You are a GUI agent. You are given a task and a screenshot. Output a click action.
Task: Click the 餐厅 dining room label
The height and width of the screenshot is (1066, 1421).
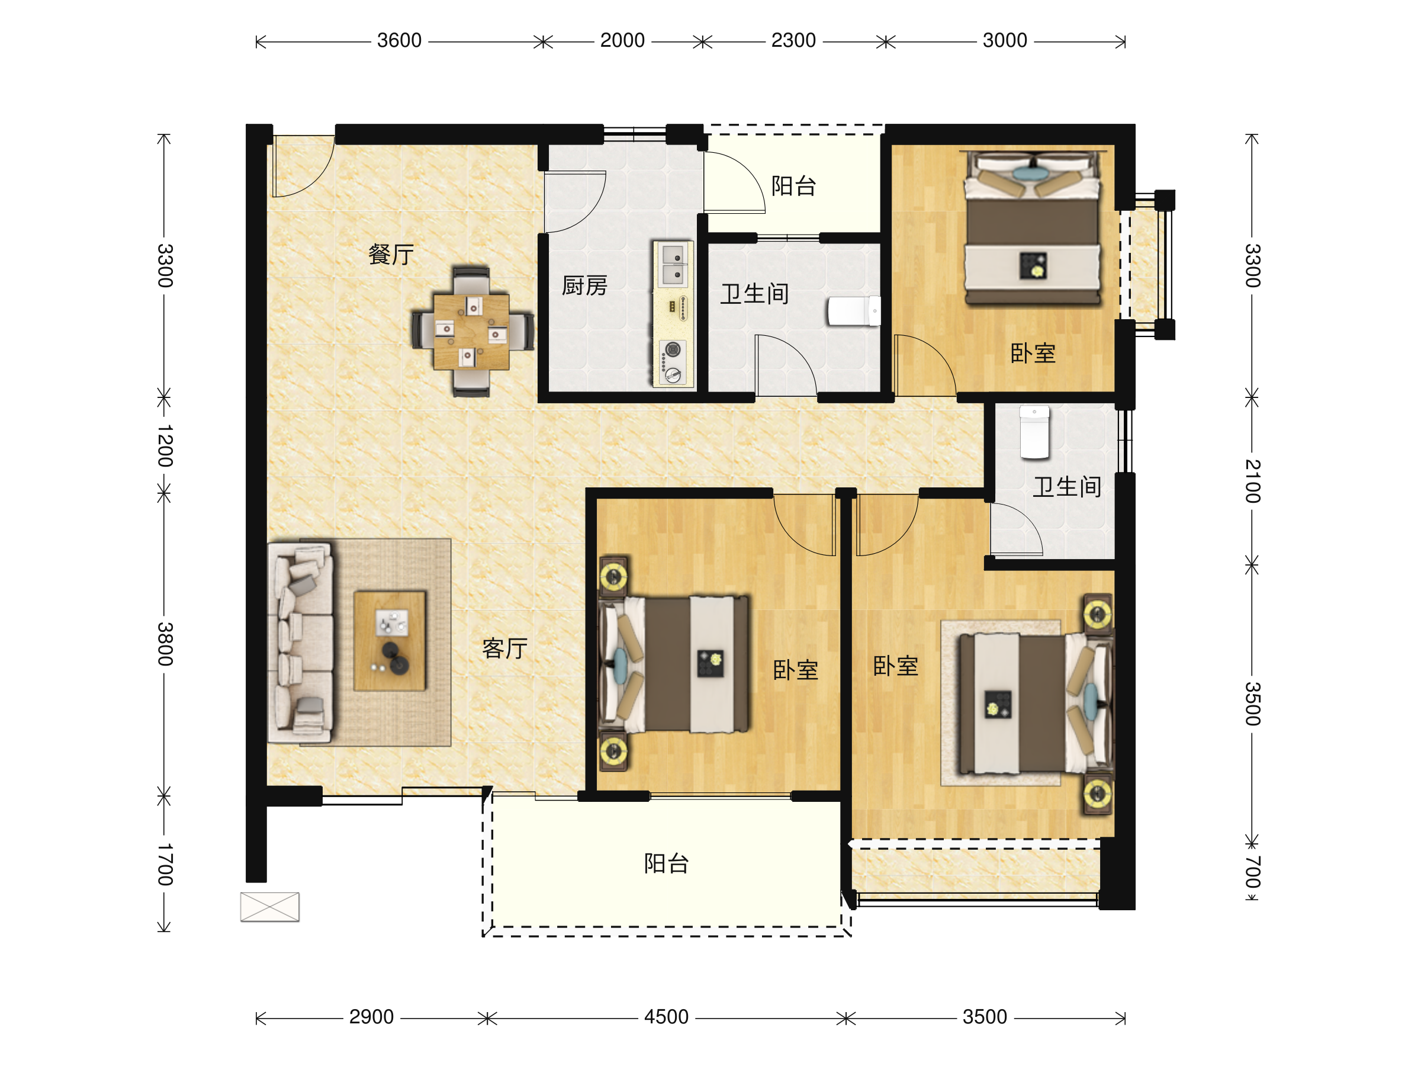[x=391, y=255]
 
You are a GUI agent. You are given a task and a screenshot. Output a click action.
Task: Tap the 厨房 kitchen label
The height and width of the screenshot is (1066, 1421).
[x=584, y=285]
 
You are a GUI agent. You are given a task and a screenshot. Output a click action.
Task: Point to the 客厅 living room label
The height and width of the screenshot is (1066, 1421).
[x=504, y=648]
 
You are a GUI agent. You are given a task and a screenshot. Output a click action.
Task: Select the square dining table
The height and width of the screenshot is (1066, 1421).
[x=471, y=332]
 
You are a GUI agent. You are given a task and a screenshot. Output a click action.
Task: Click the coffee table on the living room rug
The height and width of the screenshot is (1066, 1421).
[x=390, y=641]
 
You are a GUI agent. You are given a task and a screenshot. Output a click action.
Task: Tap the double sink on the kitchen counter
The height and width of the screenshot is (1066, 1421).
[x=673, y=264]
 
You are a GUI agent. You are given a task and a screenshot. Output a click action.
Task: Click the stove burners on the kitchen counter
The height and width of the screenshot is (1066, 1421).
[x=673, y=362]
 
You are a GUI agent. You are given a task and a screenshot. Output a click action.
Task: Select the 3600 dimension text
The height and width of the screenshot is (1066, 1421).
[x=399, y=40]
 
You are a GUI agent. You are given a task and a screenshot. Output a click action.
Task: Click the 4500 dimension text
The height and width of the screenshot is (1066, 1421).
[x=666, y=1017]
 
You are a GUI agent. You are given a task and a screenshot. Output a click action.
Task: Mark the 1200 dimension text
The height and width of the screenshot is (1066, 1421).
[x=165, y=445]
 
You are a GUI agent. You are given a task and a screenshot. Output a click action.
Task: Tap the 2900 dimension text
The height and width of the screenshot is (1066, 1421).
[x=371, y=1017]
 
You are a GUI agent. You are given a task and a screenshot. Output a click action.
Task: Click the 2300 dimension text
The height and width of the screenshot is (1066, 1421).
[x=793, y=40]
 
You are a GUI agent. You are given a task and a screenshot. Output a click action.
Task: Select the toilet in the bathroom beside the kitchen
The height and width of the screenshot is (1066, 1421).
[x=854, y=311]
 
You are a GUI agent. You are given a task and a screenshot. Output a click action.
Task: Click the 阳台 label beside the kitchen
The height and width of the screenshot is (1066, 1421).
[x=793, y=186]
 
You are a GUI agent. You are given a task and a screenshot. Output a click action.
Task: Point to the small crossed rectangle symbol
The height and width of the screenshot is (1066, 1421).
[x=270, y=907]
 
